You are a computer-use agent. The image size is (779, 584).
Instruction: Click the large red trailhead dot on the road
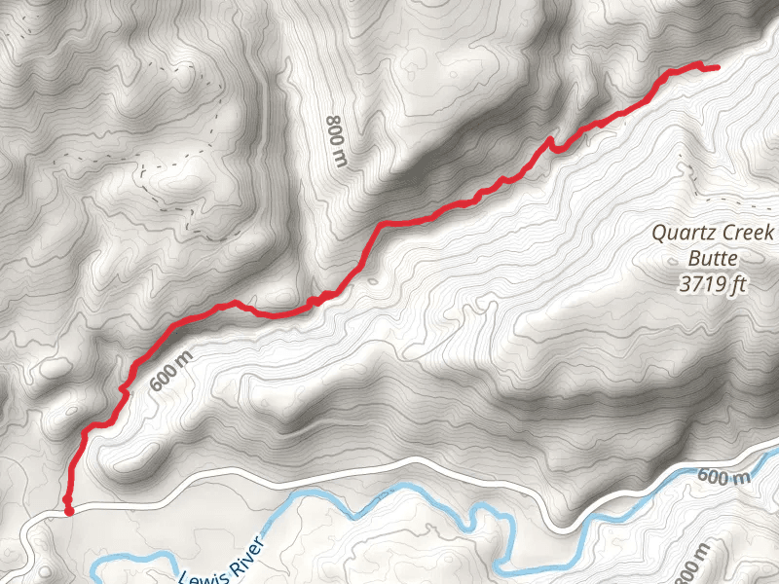point(68,511)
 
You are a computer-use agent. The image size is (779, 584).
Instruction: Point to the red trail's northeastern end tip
point(718,68)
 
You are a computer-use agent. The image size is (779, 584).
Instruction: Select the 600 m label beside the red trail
point(172,370)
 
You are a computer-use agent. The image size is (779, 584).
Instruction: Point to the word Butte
point(716,259)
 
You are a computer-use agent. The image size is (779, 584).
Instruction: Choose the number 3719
point(703,284)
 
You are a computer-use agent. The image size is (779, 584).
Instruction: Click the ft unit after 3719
point(739,284)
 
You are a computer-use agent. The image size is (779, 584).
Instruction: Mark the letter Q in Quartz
point(659,234)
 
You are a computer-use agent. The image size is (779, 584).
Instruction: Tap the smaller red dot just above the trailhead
point(67,499)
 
